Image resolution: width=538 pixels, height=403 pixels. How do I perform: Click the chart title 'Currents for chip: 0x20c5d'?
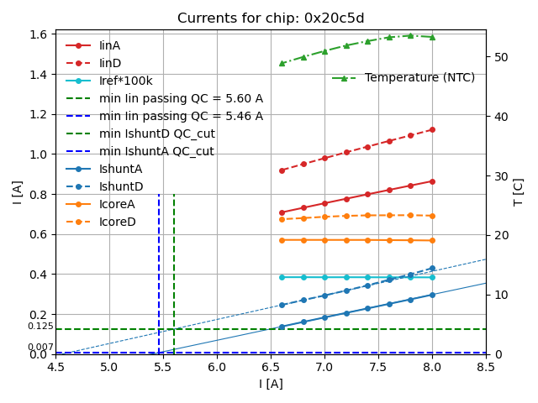pos(271,18)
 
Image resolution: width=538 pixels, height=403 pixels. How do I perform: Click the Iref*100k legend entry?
pos(125,81)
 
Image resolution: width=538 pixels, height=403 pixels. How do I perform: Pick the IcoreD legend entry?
pos(117,222)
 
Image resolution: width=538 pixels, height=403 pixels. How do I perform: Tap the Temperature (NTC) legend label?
pos(419,78)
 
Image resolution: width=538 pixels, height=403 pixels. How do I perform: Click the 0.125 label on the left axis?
pos(40,326)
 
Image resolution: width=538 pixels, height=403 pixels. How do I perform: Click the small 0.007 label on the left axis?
pos(40,348)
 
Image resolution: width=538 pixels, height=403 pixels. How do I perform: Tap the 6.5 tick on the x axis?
pos(271,367)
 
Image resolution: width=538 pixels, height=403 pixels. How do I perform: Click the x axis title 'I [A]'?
pos(271,384)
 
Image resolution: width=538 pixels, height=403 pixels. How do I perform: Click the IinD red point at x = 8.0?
pos(432,129)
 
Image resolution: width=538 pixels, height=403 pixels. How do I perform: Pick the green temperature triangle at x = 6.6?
pos(282,63)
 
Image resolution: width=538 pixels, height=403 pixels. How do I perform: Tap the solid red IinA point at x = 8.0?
pos(432,181)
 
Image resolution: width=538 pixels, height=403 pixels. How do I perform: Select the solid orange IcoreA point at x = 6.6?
pos(282,240)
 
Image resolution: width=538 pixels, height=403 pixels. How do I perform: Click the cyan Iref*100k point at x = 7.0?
pos(324,277)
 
